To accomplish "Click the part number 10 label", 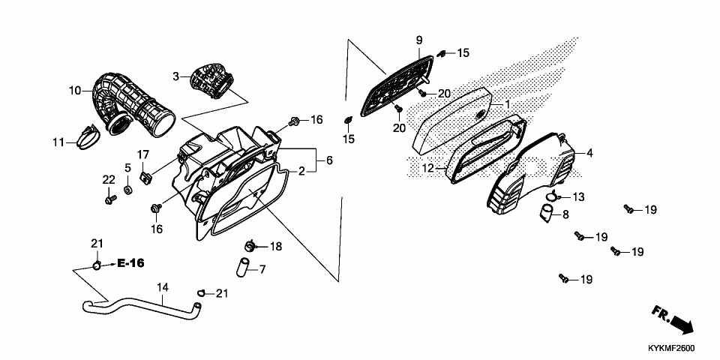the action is (74, 91).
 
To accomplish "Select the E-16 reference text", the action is (130, 263).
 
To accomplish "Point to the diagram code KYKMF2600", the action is (673, 349).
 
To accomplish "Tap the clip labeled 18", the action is (251, 245).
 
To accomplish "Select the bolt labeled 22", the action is (110, 199).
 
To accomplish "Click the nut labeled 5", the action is (128, 190).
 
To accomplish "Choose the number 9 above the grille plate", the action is (419, 40).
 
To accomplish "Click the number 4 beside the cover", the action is (589, 154).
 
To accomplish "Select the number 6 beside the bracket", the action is (328, 160).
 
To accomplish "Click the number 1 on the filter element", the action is (507, 104).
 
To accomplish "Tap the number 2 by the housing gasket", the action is (301, 172).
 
